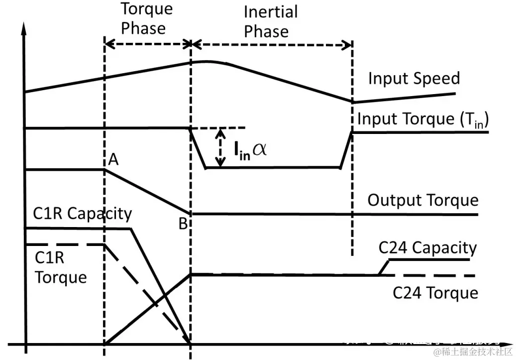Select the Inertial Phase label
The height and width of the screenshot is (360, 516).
(268, 22)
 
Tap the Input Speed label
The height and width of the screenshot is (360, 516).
(414, 79)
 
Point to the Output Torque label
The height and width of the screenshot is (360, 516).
(422, 200)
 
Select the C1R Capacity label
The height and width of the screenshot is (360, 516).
(83, 214)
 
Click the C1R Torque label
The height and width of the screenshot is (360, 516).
(60, 267)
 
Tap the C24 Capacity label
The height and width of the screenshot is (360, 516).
(427, 247)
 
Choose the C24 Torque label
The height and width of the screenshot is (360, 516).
(435, 293)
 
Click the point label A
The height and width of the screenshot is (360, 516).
(113, 159)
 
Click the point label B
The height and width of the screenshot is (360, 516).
(183, 224)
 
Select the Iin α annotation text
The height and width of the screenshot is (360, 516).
(250, 149)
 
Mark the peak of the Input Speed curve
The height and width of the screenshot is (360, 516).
(202, 61)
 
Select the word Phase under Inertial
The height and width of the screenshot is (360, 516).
(266, 32)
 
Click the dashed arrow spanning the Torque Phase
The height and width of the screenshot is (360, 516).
(148, 44)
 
